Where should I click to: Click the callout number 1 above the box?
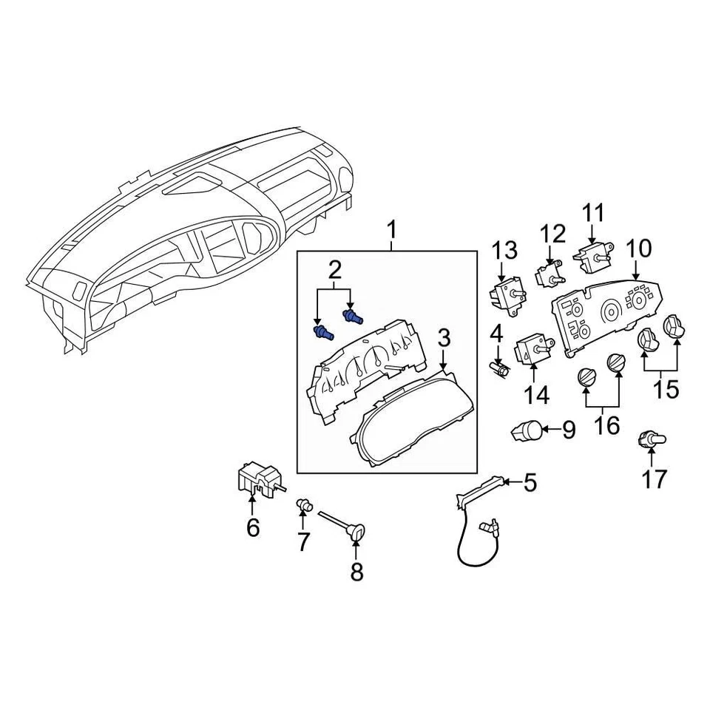pos(391,231)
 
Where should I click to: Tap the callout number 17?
pos(654,479)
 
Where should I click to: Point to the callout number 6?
pos(253,528)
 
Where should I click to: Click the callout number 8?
pos(356,572)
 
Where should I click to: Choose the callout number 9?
pos(568,430)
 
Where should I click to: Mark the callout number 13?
pos(506,251)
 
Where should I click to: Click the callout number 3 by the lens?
pos(444,339)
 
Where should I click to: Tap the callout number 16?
pos(607,427)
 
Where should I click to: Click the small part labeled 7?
pos(302,505)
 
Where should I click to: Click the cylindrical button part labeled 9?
pos(527,429)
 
